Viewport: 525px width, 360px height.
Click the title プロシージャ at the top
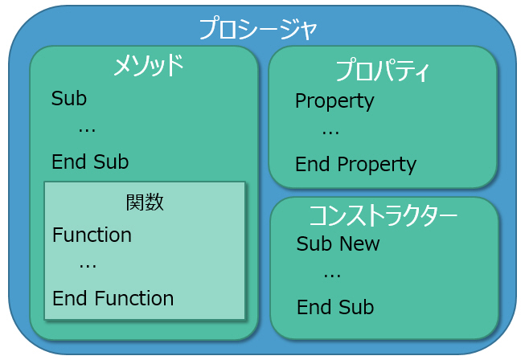tap(258, 29)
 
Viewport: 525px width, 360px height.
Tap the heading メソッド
tap(148, 65)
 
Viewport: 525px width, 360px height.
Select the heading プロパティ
tap(382, 71)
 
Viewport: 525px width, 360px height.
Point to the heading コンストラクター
tap(383, 215)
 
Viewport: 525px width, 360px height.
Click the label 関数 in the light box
tap(145, 202)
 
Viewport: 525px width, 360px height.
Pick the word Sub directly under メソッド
tap(69, 98)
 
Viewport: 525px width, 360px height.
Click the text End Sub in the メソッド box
tap(90, 162)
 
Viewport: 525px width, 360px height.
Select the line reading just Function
tap(92, 235)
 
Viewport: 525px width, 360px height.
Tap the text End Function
tap(113, 298)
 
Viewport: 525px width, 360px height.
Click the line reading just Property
tap(334, 101)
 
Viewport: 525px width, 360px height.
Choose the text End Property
tap(355, 165)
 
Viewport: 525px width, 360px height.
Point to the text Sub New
tap(338, 243)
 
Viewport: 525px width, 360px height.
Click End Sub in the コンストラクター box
tap(335, 307)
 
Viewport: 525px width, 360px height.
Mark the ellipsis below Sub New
tap(332, 276)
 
